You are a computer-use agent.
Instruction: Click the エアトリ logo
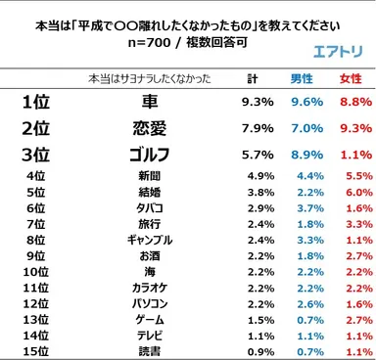[x=333, y=55]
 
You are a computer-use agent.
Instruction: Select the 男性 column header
[x=303, y=77]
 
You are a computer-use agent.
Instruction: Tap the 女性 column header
[x=350, y=77]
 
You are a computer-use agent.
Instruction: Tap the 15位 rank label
[x=36, y=350]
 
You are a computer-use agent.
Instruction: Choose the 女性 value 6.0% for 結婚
[x=355, y=194]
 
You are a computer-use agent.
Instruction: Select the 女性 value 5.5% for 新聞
[x=355, y=177]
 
